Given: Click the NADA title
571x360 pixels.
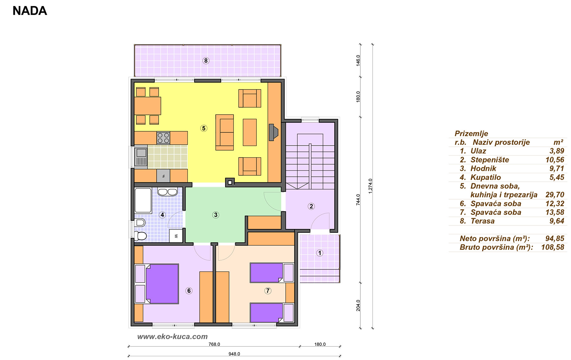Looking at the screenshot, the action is click(30, 11).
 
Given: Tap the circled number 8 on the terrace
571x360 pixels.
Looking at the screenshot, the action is click(206, 61).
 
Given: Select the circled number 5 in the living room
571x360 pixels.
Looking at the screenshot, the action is click(204, 128).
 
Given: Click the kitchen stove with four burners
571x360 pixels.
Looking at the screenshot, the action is click(163, 138).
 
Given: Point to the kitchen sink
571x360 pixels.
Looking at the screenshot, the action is click(141, 156).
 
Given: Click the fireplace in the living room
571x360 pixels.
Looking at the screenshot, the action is click(273, 132).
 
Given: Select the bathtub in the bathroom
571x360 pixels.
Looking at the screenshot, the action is click(143, 200).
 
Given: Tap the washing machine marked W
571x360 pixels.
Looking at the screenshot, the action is click(176, 236).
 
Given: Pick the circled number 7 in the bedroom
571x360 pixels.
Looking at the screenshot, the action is click(268, 291).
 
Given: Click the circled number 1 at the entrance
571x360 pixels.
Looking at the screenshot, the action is click(320, 253).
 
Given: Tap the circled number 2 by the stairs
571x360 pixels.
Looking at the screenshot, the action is click(311, 206).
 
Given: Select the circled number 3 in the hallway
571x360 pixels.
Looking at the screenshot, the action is click(216, 215).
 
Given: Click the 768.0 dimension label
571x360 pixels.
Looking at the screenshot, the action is click(214, 344).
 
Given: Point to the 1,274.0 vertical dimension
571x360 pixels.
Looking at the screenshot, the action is click(371, 186).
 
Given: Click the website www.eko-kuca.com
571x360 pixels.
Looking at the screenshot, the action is click(172, 337).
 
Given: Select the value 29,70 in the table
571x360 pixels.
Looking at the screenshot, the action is click(555, 195).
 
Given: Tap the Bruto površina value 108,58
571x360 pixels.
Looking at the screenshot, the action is click(553, 247).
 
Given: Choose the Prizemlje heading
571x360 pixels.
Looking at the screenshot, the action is click(471, 134).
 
